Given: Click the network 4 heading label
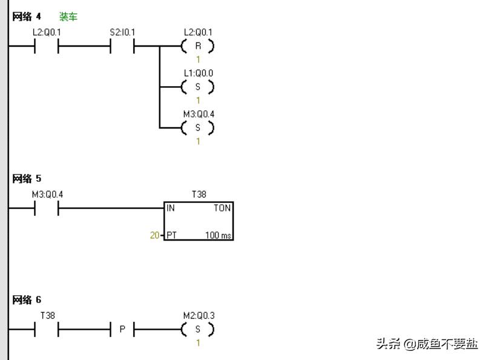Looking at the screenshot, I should [x=27, y=16].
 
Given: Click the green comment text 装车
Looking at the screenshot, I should [x=68, y=16].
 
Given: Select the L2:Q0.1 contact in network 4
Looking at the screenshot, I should [x=47, y=46].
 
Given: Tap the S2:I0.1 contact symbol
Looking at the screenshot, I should [x=122, y=46].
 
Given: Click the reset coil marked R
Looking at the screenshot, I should [x=198, y=46].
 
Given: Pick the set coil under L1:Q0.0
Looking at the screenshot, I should [x=198, y=87].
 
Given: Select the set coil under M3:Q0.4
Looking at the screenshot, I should [x=198, y=128].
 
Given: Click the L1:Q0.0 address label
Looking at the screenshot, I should [x=199, y=73].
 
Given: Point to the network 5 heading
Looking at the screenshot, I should [x=27, y=179].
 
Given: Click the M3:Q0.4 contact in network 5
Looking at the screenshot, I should [x=47, y=208].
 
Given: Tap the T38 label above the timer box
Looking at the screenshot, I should [x=199, y=195].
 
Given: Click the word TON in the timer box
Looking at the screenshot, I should [x=222, y=208].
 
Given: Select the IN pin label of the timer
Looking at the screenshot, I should [x=171, y=208].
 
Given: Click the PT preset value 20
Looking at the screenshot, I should [x=154, y=235].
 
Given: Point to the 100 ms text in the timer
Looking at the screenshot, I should [x=218, y=235].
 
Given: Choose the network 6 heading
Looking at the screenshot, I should [x=27, y=300].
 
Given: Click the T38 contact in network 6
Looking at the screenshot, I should [x=47, y=330].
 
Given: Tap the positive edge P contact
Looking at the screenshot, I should [x=122, y=330].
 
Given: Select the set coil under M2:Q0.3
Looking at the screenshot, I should [x=198, y=330].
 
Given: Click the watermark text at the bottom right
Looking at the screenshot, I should [x=427, y=344].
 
